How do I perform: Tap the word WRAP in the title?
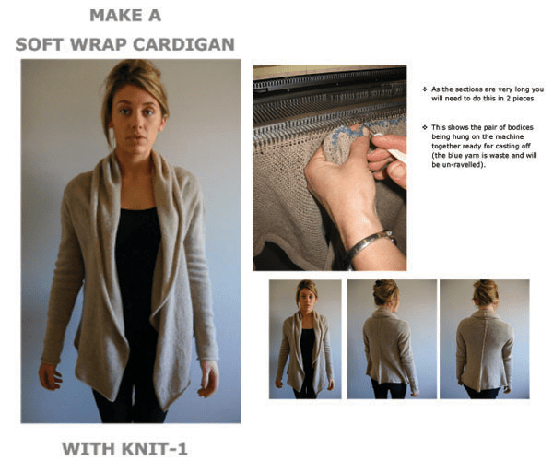coord(114,43)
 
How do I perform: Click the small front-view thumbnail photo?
coord(304,338)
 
